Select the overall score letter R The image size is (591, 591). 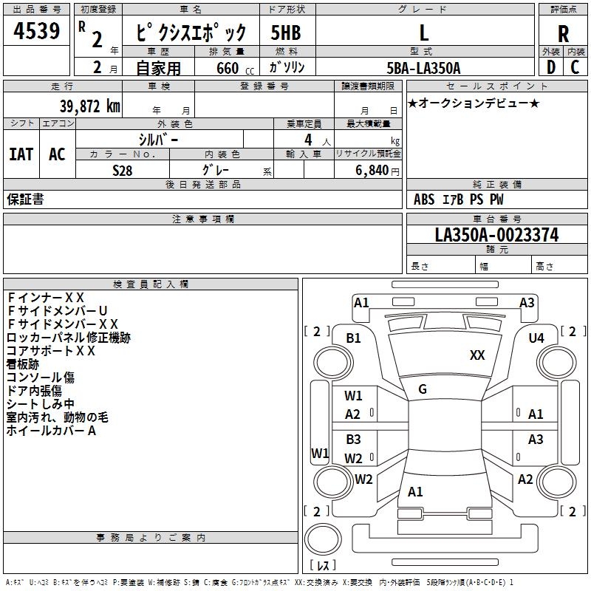(563, 34)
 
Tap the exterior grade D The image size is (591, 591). (550, 67)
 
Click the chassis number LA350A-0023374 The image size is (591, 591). (496, 235)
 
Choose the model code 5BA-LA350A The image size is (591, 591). (423, 68)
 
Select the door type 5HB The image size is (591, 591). (285, 33)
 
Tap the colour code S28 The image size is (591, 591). (123, 169)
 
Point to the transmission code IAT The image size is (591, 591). (21, 154)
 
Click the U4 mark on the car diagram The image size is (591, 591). (536, 338)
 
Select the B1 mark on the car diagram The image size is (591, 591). (353, 338)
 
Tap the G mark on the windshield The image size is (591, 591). (422, 389)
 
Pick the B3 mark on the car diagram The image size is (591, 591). (353, 440)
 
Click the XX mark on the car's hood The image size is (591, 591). (477, 355)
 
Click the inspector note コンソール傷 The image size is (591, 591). (41, 377)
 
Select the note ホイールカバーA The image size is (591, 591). (51, 430)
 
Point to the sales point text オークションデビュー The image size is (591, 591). (473, 103)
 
